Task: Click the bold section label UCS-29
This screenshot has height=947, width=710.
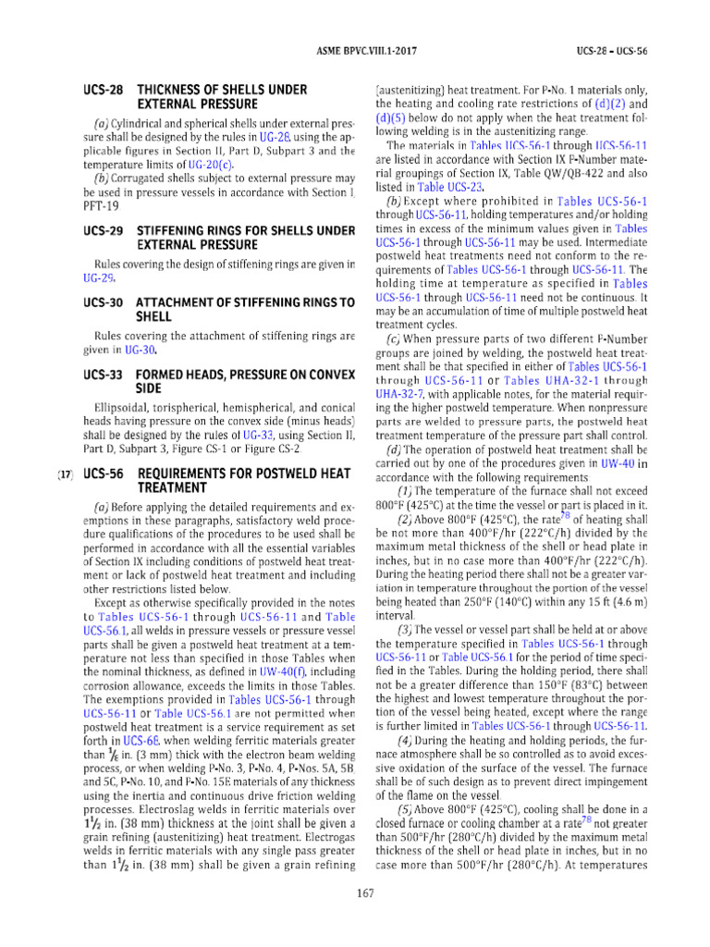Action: coord(102,229)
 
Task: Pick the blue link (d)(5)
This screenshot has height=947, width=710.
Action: coord(392,118)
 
